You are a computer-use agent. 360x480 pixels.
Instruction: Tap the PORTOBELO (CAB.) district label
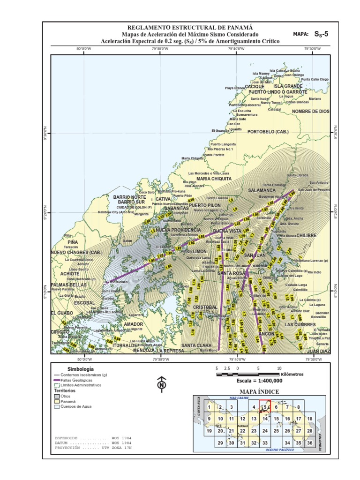268,131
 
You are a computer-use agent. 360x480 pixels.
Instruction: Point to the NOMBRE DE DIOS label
311,112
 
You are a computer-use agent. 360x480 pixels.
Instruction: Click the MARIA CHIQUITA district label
214,179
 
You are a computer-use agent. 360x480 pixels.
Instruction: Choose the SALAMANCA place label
262,190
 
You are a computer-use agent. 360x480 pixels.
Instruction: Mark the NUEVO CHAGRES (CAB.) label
76,253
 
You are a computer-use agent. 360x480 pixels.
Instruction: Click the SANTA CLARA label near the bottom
196,345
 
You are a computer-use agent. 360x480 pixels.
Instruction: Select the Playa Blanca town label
235,88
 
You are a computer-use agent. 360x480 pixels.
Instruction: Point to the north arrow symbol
162,384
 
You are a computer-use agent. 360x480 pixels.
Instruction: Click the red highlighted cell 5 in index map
265,407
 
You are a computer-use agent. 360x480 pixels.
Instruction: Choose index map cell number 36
309,442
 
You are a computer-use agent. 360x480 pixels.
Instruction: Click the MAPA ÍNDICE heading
259,391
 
